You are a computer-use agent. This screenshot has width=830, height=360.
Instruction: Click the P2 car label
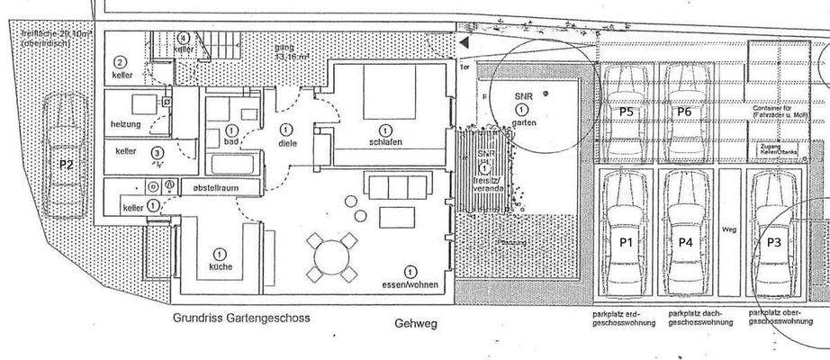(x=66, y=165)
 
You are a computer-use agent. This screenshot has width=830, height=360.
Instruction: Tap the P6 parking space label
(x=683, y=112)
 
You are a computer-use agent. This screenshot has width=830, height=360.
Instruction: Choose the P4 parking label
(x=686, y=241)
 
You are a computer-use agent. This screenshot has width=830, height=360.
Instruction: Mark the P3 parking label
(x=774, y=242)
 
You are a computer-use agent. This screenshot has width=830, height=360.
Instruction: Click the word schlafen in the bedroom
(x=385, y=142)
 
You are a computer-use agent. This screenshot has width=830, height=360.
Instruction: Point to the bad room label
(x=230, y=142)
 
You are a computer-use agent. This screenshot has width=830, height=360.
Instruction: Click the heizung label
(x=126, y=122)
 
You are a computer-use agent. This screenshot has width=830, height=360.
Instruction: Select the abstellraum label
(x=213, y=188)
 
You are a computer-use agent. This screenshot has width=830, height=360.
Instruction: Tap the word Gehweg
(x=414, y=322)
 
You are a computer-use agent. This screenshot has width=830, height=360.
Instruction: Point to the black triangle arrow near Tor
(x=464, y=42)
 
